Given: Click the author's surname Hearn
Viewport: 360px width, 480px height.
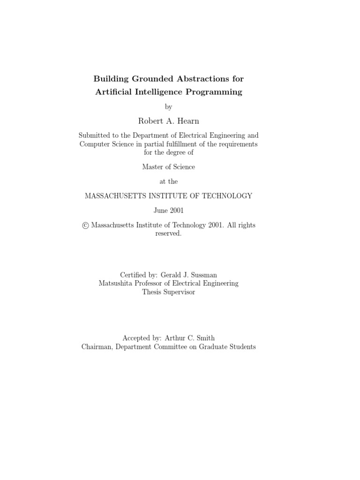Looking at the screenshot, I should click(x=188, y=121).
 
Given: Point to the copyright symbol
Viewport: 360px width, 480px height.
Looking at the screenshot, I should click(x=85, y=225).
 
